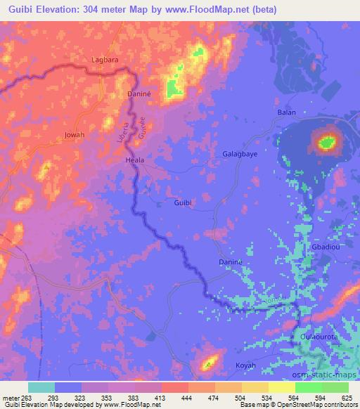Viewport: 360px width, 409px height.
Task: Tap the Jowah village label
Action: coord(74,134)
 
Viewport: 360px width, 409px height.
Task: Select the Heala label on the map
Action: coord(134,160)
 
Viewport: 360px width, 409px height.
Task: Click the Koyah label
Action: coord(245,366)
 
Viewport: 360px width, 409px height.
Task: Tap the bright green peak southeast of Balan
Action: coord(326,143)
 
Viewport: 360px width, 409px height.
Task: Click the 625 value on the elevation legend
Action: coord(345,397)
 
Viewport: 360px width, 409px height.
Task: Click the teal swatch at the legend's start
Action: coord(41,387)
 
